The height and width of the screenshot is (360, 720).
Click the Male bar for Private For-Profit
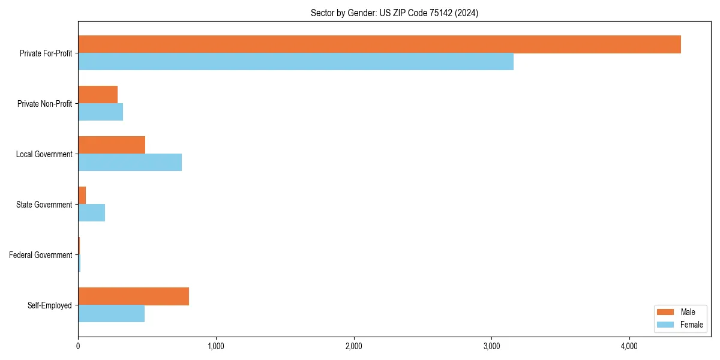coord(379,44)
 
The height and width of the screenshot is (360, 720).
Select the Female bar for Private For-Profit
coord(296,62)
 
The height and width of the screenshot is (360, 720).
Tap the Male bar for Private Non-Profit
coord(98,95)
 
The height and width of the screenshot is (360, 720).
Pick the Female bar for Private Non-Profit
coord(100,112)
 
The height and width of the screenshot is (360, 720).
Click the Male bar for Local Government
coord(112,145)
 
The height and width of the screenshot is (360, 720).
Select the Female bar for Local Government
coord(130,163)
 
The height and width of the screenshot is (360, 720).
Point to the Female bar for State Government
coord(91,213)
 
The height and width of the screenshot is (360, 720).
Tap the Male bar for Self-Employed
coord(133,296)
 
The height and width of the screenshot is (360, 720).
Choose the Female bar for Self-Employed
coord(111,314)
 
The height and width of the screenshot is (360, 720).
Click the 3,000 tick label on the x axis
coord(491,346)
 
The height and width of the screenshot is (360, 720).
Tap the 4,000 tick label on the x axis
coord(629,346)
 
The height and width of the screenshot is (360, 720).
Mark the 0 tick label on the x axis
coord(78,346)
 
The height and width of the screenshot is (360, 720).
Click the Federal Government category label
coord(40,255)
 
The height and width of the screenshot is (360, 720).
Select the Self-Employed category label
coord(49,305)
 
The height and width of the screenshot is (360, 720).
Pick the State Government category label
coord(44,205)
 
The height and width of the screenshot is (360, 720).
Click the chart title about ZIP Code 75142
coord(394,13)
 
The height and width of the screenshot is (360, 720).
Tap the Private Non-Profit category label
coord(44,104)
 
